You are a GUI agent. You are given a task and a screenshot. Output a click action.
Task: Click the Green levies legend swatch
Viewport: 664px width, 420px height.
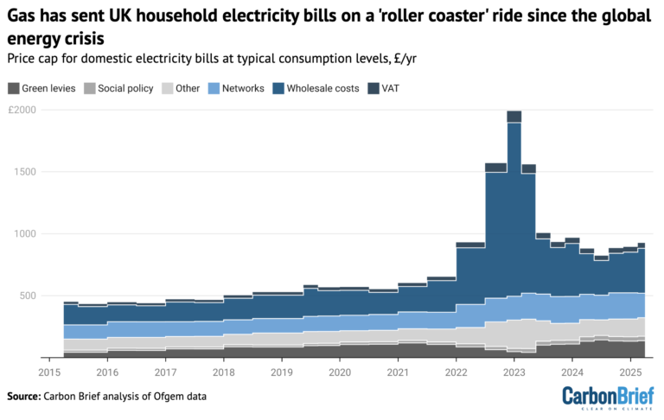coord(12,88)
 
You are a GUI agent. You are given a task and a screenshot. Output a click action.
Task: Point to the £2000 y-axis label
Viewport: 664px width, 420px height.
coord(22,111)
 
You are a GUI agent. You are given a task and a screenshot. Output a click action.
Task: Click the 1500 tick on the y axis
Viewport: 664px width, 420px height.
coord(24,172)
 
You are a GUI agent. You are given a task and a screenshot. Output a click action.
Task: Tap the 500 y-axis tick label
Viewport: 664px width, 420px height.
coord(27,296)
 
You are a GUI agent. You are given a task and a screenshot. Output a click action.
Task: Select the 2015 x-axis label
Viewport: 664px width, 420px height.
coord(48,372)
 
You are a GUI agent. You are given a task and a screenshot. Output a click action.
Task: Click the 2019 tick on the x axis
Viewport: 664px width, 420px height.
coord(282,372)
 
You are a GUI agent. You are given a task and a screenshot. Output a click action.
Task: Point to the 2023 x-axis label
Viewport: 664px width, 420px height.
coord(514,372)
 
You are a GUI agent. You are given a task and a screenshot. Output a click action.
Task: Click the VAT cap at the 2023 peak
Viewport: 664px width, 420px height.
coord(514,117)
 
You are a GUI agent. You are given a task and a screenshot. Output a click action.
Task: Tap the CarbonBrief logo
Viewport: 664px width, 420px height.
coord(607,398)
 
